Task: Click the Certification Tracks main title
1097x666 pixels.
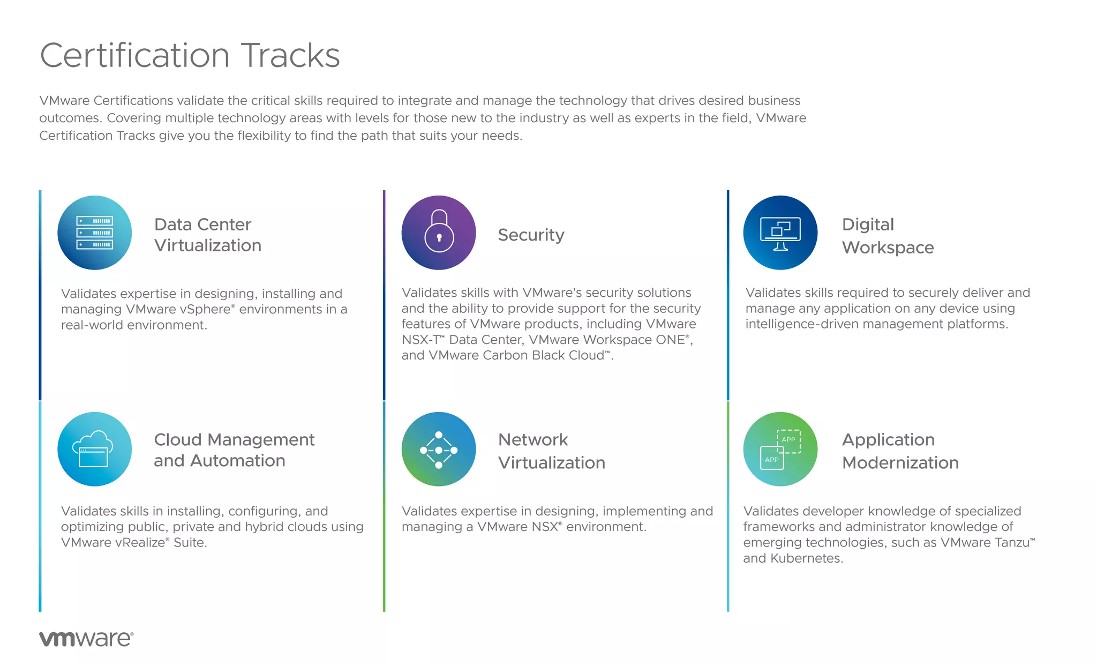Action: point(190,55)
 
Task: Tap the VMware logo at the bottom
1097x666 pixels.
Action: point(86,639)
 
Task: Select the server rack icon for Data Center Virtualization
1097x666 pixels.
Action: point(95,233)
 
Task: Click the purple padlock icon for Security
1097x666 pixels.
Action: point(439,233)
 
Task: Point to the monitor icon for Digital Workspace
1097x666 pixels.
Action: point(780,233)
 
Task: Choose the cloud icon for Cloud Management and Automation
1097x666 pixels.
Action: point(95,449)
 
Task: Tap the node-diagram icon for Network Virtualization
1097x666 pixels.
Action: point(439,449)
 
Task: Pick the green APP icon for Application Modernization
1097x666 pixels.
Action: point(780,449)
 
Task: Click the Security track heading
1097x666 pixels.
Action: point(531,235)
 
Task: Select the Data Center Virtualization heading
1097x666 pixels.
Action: point(208,235)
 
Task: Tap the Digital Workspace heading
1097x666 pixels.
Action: point(888,236)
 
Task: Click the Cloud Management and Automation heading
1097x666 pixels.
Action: point(234,450)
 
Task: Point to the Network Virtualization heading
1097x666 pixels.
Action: point(551,451)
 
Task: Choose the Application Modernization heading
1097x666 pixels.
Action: point(900,451)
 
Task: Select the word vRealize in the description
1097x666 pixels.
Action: point(140,543)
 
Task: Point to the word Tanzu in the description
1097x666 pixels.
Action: point(1011,543)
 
